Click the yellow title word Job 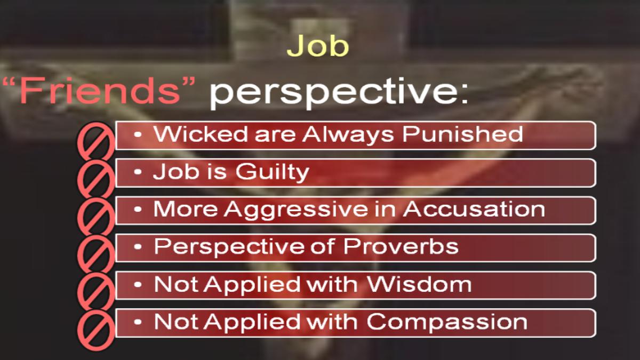[x=318, y=46]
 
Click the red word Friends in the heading [x=99, y=90]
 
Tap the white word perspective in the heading [x=334, y=93]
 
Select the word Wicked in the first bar [x=201, y=134]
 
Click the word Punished [x=463, y=134]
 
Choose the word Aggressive [x=296, y=210]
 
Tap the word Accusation [x=474, y=209]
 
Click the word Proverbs [x=401, y=246]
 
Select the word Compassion [x=447, y=322]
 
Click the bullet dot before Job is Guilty [x=138, y=172]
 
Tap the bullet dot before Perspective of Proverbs [x=138, y=247]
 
